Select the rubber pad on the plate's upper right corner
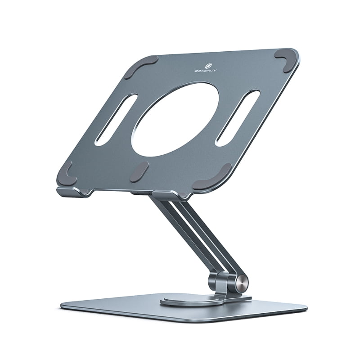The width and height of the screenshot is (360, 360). (287, 58)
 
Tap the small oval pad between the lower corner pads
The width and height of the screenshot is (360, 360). (139, 171)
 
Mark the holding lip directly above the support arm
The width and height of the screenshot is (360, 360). (169, 195)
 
